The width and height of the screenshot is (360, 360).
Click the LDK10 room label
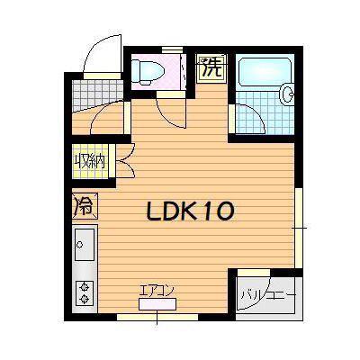[x=190, y=211]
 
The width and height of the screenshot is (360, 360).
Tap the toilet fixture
[x=148, y=71]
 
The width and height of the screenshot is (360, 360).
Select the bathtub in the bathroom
[x=265, y=71]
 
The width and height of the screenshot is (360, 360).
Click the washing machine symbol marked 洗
[x=211, y=68]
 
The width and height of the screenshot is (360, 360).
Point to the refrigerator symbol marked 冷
[x=85, y=205]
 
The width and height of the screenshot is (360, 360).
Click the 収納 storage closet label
[x=89, y=161]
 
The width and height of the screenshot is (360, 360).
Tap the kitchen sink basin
[x=85, y=245]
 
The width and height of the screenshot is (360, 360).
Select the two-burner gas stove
[x=85, y=293]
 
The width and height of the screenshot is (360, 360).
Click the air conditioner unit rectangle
[x=157, y=304]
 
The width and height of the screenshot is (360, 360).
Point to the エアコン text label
[x=157, y=291]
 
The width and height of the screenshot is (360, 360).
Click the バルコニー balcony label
[x=269, y=295]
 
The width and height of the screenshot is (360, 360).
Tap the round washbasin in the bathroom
[x=287, y=93]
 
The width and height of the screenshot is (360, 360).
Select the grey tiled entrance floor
[x=97, y=95]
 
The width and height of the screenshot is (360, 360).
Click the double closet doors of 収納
[x=124, y=161]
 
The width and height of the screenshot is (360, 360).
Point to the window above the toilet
[x=172, y=49]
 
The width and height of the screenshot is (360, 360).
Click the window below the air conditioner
[x=157, y=317]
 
